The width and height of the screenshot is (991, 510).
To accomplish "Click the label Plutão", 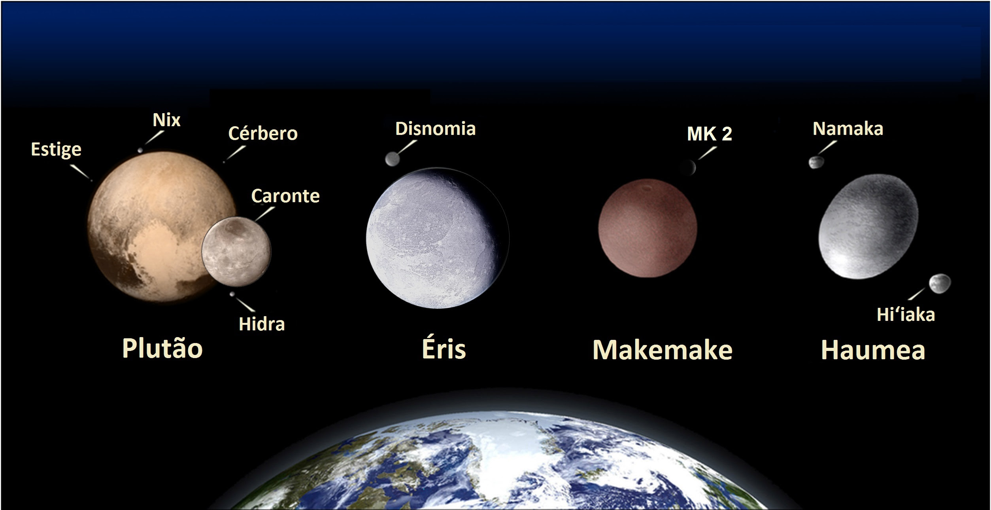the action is click(x=162, y=348).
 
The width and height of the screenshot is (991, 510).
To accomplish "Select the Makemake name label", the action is click(x=662, y=350).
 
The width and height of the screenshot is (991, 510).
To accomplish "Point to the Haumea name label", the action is click(x=873, y=350).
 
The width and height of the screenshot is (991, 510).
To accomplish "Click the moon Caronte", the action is click(x=236, y=252).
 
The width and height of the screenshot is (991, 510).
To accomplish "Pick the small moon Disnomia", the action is click(x=392, y=159).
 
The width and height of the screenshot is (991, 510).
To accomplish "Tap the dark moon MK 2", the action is click(x=688, y=167).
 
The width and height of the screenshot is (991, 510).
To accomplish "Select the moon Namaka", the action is click(x=815, y=162).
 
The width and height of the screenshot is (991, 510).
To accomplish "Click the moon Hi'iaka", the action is click(x=940, y=284).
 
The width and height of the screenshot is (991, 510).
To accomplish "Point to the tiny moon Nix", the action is click(x=140, y=150).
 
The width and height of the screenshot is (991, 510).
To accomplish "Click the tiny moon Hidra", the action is click(x=232, y=294).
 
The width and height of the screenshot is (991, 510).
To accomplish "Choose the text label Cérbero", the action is click(x=263, y=133).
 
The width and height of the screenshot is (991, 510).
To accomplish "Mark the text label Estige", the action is click(x=56, y=150).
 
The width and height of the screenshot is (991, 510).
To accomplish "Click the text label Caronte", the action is click(x=285, y=196).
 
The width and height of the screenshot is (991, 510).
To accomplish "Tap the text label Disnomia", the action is click(x=435, y=129).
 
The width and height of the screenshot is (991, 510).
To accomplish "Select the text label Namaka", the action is click(x=848, y=129).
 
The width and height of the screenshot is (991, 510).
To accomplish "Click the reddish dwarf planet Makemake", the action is click(x=647, y=228).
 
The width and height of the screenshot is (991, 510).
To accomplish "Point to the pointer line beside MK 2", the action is click(x=708, y=153).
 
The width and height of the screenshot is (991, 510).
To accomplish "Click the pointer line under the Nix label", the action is click(x=154, y=137).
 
